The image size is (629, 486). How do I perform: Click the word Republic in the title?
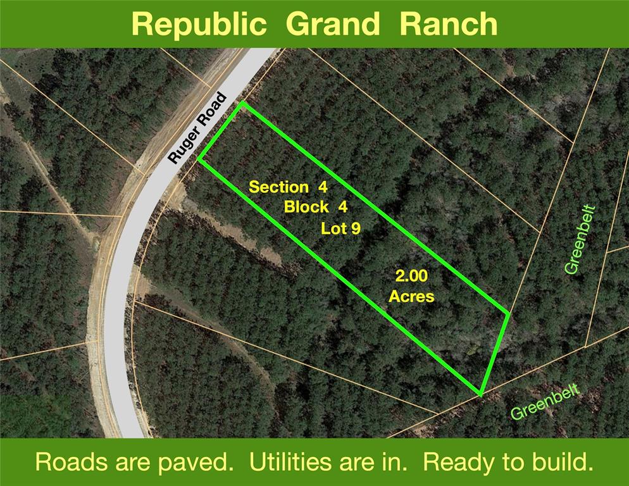coord(199,24)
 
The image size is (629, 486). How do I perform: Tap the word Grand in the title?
coord(333,24)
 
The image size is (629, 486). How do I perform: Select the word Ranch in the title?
coord(449,23)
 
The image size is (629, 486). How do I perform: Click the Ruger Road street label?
coord(197,128)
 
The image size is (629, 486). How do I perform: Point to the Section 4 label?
coord(288,187)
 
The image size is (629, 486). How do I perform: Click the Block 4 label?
coord(315,207)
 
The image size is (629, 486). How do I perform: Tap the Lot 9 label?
coord(340,228)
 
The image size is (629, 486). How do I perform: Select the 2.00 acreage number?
coord(411,276)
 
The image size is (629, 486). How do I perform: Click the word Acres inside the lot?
coord(411,297)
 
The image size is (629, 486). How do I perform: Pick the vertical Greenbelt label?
coord(579,240)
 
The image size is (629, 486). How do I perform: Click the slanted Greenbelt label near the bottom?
coord(545,402)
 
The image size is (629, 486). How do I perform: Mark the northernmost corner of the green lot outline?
coord(242,103)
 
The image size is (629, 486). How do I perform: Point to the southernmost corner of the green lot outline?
coord(480,394)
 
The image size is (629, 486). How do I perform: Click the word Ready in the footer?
coord(458,463)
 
